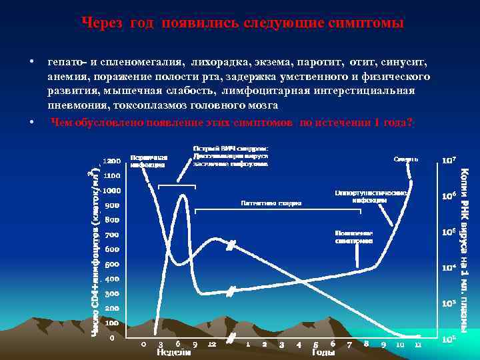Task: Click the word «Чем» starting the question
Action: click(62, 122)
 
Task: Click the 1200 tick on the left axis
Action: click(111, 161)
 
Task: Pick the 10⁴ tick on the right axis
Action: click(449, 267)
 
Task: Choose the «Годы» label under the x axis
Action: click(323, 352)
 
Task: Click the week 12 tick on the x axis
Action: click(211, 344)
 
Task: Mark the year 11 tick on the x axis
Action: click(417, 344)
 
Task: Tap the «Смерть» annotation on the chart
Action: click(406, 159)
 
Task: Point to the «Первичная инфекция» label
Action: click(148, 160)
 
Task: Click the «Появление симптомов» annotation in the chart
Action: click(353, 237)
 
